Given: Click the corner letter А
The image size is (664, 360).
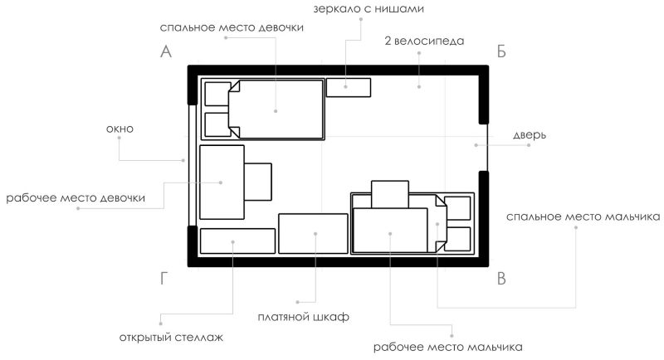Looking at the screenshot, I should [x=165, y=51].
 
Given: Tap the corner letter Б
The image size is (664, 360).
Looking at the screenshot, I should [x=500, y=51].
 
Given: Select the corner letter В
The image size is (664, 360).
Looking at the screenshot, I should [x=500, y=279].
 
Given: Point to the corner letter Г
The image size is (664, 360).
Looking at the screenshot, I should [x=164, y=279].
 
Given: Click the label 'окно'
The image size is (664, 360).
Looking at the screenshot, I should [x=120, y=129].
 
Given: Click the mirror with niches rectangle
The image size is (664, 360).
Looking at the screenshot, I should [x=348, y=86].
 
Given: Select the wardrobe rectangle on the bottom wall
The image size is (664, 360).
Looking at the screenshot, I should [x=312, y=234].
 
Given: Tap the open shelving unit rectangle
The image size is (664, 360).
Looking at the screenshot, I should [x=237, y=241].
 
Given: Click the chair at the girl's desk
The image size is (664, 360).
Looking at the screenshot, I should [x=258, y=182].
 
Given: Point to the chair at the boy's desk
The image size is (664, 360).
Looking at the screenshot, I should [x=388, y=194].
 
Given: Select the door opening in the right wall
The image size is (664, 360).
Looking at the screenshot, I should [x=483, y=146].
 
